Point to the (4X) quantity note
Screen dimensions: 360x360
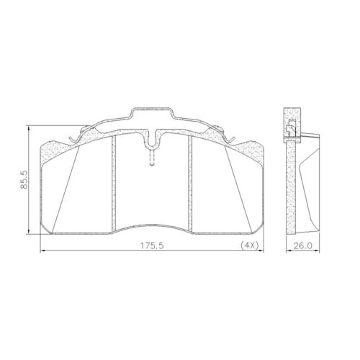pyautogui.click(x=248, y=246)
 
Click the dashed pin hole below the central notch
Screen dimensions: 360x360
pyautogui.click(x=151, y=156)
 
